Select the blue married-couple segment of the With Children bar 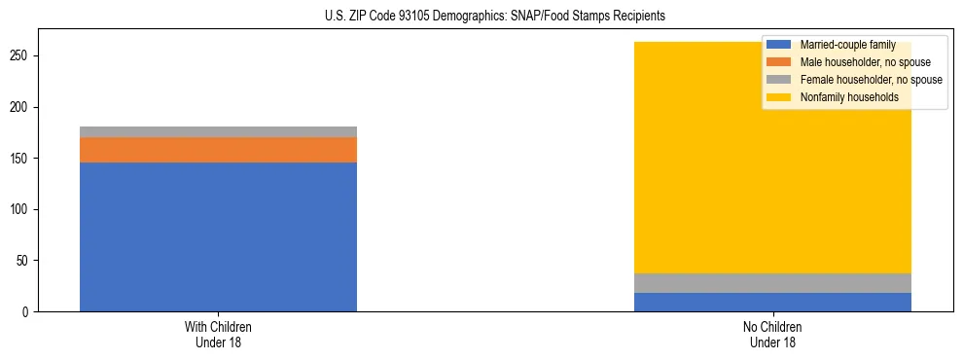click(x=218, y=236)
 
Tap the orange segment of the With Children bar click(x=218, y=150)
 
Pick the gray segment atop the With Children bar click(x=218, y=131)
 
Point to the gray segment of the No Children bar click(x=772, y=283)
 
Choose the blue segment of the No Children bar click(x=772, y=302)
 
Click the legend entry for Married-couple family click(x=845, y=45)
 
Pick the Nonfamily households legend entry click(x=849, y=97)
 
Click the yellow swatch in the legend click(x=779, y=97)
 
